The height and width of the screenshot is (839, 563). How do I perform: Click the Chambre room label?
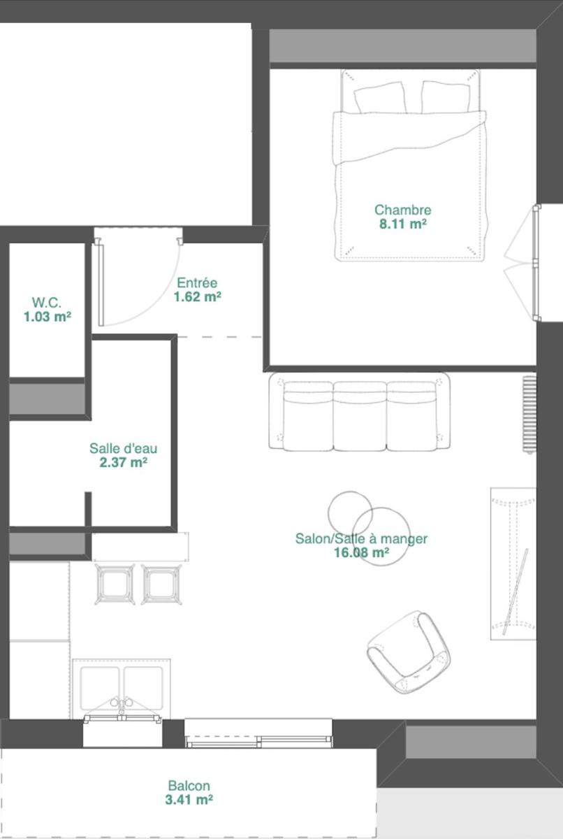tap(403, 210)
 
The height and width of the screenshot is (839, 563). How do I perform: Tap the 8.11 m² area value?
tap(403, 224)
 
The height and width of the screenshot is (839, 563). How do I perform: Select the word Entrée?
tap(197, 282)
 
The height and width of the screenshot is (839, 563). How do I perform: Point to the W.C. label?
tap(47, 302)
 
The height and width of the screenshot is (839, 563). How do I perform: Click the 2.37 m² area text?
tap(123, 462)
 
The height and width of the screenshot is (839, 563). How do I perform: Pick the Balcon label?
tap(189, 785)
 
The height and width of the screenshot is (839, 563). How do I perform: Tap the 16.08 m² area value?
tap(361, 552)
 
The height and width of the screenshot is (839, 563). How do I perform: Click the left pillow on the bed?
tap(379, 98)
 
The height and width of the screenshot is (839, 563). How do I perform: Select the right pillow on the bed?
tap(445, 96)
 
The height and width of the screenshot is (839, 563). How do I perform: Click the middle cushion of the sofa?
tap(360, 416)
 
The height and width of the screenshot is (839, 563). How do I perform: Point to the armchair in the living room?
tap(409, 652)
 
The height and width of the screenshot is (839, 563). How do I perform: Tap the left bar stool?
tap(115, 584)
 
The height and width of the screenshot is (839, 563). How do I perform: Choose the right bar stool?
tap(161, 584)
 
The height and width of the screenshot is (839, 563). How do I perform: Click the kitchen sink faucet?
tap(122, 705)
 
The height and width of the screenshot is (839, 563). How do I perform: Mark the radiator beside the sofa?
tap(529, 414)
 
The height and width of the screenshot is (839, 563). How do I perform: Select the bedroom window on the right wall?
tap(536, 263)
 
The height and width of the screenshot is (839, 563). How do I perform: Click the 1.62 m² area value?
tap(198, 296)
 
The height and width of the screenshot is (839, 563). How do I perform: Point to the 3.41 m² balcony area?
tap(189, 800)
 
